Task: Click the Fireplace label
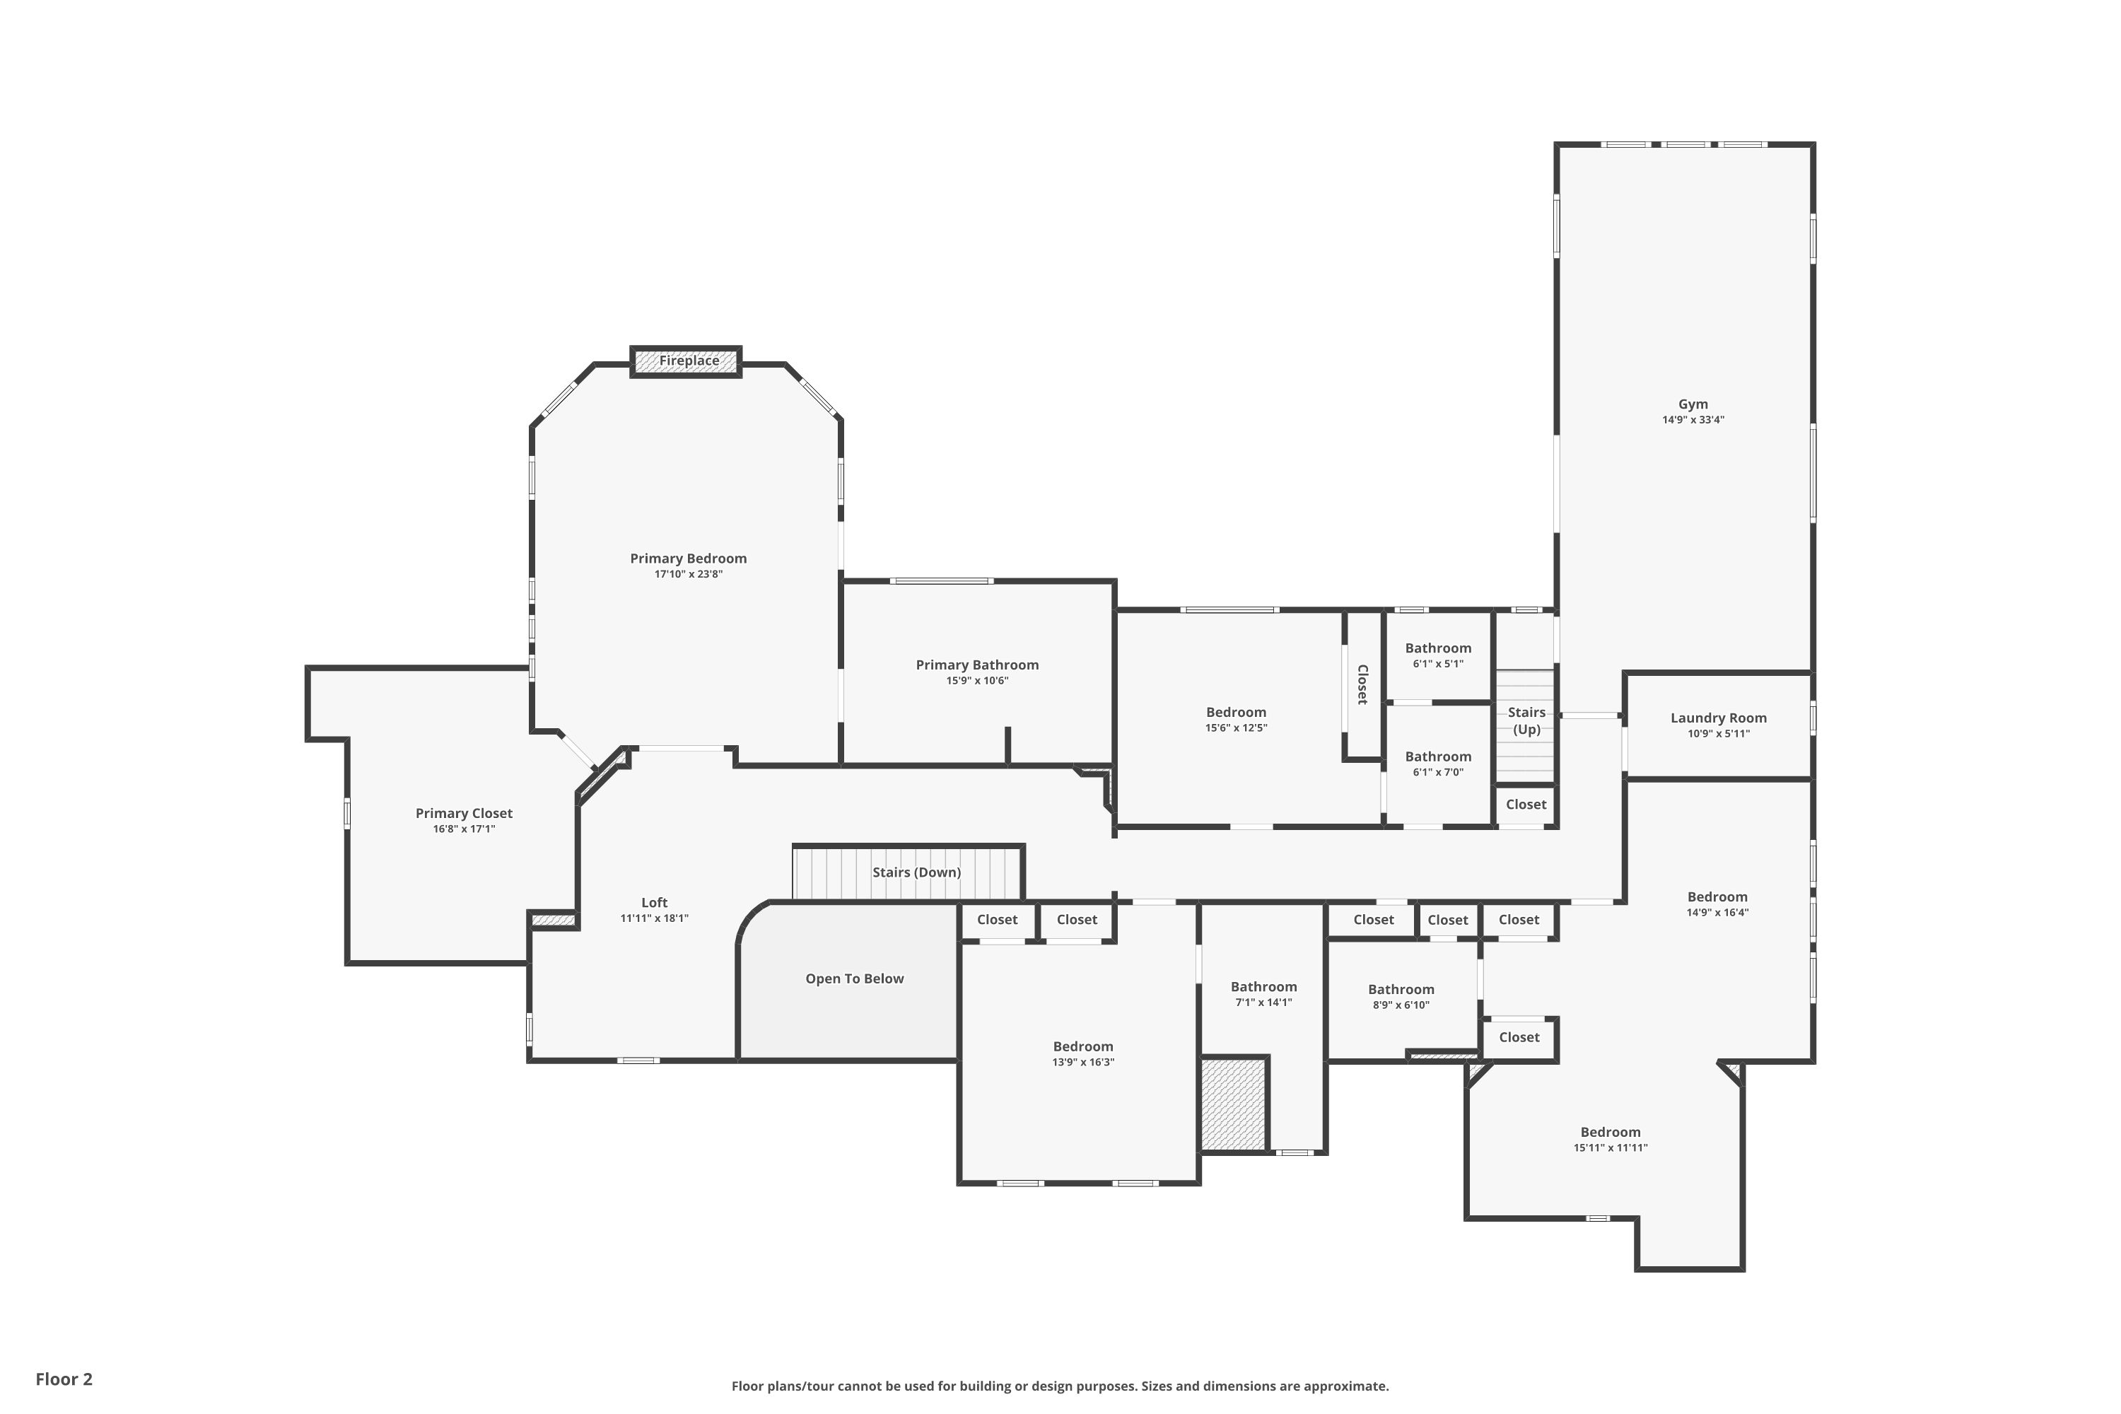(x=689, y=361)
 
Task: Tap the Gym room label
(x=1693, y=404)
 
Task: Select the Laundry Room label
(x=1718, y=718)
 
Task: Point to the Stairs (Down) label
(x=916, y=872)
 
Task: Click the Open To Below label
(x=854, y=978)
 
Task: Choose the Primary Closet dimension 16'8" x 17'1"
(x=464, y=829)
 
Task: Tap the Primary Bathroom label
(x=976, y=665)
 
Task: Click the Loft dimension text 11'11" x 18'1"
(x=654, y=918)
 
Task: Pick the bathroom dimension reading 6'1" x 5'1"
(x=1437, y=664)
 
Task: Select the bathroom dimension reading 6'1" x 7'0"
(x=1437, y=772)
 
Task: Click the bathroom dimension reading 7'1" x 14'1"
(x=1263, y=1002)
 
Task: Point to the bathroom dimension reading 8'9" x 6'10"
(x=1401, y=1005)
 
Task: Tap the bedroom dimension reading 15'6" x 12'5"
(x=1235, y=728)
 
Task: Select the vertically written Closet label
(x=1362, y=684)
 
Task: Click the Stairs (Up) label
(x=1526, y=720)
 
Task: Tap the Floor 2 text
(x=64, y=1379)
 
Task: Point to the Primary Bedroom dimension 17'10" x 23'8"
(x=688, y=574)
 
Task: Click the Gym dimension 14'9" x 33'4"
(x=1693, y=419)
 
